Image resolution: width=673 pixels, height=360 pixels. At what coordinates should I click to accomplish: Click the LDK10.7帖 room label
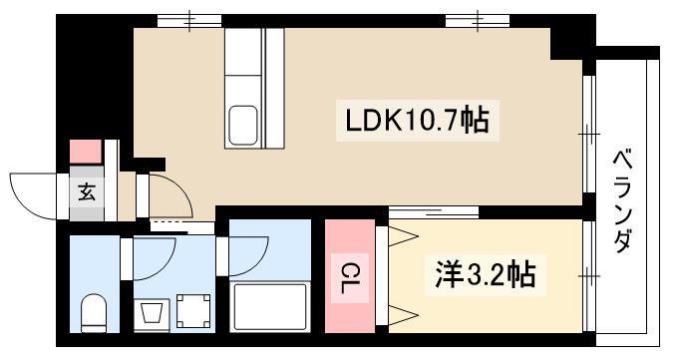pyautogui.click(x=417, y=121)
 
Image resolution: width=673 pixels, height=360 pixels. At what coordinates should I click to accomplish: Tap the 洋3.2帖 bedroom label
pyautogui.click(x=486, y=275)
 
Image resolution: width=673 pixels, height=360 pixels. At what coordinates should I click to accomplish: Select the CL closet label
pyautogui.click(x=350, y=277)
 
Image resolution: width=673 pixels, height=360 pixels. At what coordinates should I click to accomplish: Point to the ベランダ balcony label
pyautogui.click(x=623, y=200)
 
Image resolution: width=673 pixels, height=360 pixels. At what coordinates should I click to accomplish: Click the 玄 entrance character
pyautogui.click(x=87, y=191)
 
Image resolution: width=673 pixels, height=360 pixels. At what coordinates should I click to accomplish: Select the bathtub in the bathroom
pyautogui.click(x=270, y=306)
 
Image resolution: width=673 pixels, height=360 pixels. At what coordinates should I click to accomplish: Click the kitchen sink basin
pyautogui.click(x=242, y=125)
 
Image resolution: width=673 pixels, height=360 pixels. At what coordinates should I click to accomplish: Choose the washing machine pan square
pyautogui.click(x=193, y=311)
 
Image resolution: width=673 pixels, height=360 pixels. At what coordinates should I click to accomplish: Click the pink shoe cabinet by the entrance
pyautogui.click(x=86, y=152)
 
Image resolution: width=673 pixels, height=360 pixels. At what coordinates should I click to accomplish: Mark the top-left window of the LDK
pyautogui.click(x=189, y=21)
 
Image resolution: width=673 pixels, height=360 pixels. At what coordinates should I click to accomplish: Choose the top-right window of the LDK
pyautogui.click(x=478, y=21)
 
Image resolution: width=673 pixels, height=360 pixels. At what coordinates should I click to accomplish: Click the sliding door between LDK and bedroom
pyautogui.click(x=434, y=212)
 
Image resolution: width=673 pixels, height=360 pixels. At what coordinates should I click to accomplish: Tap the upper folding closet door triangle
pyautogui.click(x=403, y=235)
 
